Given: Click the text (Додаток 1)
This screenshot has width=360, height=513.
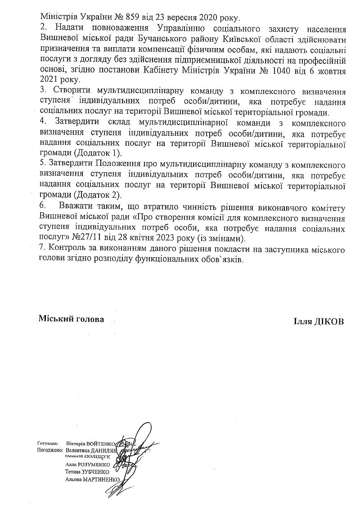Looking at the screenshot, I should (98, 154).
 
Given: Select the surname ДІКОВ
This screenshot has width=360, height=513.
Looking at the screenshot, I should (328, 321).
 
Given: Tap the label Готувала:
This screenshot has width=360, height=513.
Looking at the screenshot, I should (47, 443).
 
